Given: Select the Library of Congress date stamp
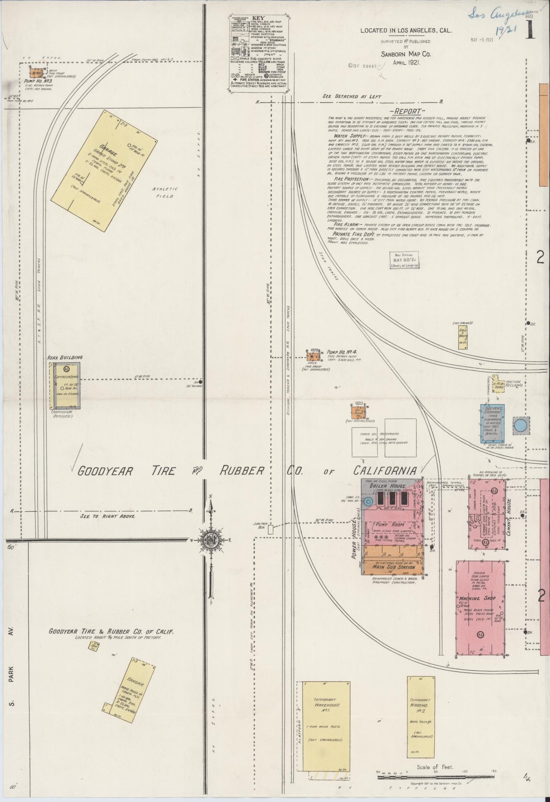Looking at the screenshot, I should click(x=404, y=260).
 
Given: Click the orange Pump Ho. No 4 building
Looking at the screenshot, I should click(x=313, y=357).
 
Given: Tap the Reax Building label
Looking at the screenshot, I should click(x=65, y=358).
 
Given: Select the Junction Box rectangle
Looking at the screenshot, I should click(x=271, y=530).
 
